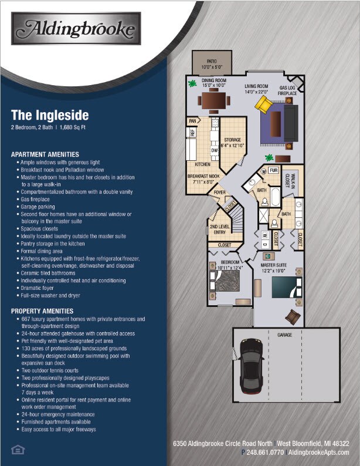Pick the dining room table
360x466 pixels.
click(212, 102)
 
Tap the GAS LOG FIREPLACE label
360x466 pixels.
click(287, 90)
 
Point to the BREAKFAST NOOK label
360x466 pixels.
click(203, 178)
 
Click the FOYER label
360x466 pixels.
click(219, 192)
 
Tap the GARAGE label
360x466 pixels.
click(285, 335)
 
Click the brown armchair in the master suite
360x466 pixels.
click(291, 317)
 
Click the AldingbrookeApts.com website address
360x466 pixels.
click(324, 453)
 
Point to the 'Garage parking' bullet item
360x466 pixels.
click(38, 207)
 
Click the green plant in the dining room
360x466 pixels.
click(192, 83)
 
